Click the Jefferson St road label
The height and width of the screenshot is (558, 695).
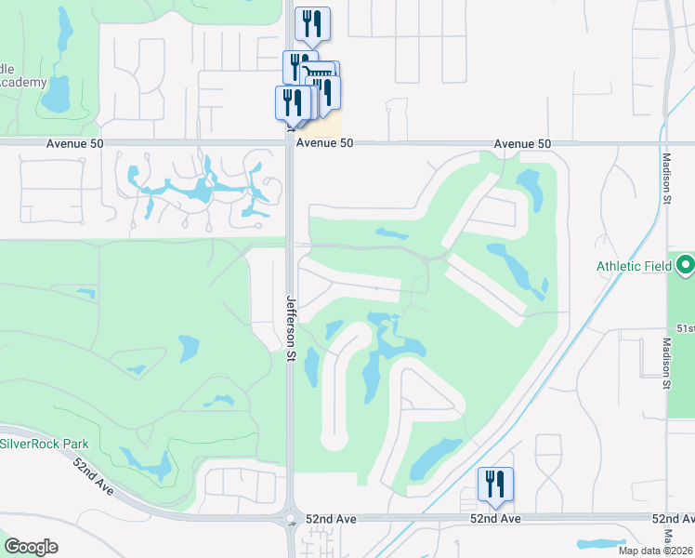(x=290, y=328)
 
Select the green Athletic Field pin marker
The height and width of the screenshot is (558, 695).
(x=685, y=266)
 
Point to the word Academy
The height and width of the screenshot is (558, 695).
(x=22, y=82)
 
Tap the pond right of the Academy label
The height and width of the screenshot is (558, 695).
(x=59, y=93)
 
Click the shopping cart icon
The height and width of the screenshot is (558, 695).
(x=320, y=77)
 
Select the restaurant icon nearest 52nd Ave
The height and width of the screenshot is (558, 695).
(x=494, y=484)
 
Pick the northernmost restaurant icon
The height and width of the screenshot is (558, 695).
(x=312, y=24)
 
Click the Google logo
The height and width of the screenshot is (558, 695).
(x=31, y=547)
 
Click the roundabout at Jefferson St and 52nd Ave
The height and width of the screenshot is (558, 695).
(x=290, y=519)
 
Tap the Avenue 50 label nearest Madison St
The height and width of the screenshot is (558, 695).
(x=522, y=144)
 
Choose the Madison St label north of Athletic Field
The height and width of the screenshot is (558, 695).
(x=666, y=174)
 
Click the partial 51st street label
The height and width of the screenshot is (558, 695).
(x=686, y=328)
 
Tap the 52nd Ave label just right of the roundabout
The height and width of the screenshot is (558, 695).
(x=332, y=518)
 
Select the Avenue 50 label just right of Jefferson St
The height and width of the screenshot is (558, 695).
(x=325, y=144)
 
